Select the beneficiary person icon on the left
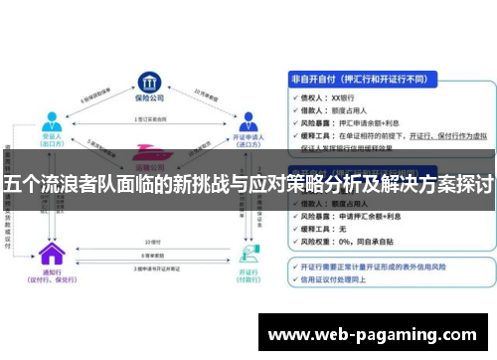click(49, 122)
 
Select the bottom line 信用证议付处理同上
click(343, 279)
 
